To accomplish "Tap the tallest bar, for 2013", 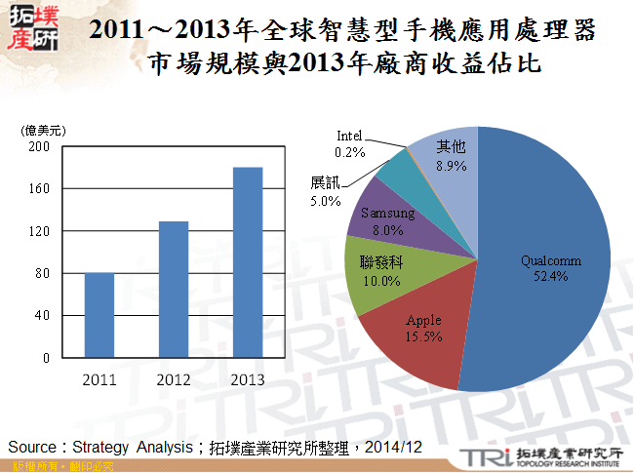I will (x=248, y=262).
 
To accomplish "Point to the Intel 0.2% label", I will (x=349, y=143).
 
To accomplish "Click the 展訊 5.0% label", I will (x=325, y=192).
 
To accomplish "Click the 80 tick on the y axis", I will (x=43, y=274).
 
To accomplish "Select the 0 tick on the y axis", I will (x=46, y=358).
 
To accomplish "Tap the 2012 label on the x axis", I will (x=173, y=378).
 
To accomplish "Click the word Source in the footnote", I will (x=33, y=447).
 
